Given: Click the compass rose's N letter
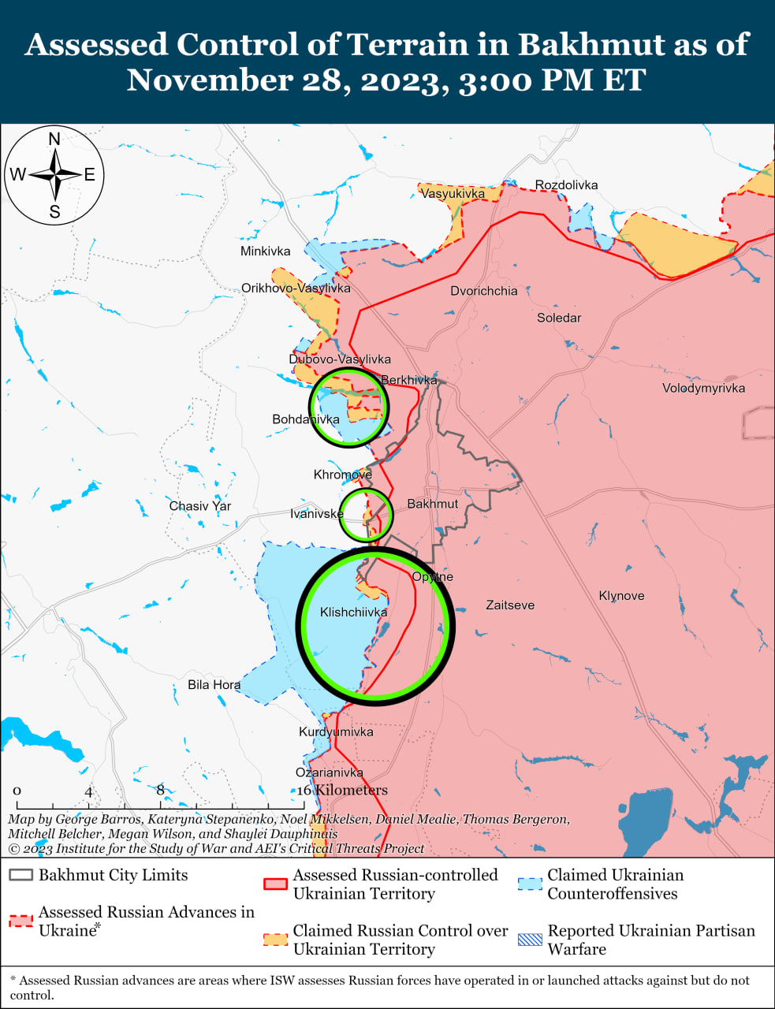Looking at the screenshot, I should click(x=54, y=140).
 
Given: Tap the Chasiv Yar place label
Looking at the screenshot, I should click(x=200, y=506).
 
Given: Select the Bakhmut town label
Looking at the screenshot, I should click(x=432, y=504).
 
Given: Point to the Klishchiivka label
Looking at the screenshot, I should click(x=353, y=612).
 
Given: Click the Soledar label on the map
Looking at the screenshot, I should click(x=559, y=318).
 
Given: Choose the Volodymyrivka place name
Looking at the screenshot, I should click(x=703, y=388).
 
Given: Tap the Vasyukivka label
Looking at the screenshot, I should click(x=453, y=193).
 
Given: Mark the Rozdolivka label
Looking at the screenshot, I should click(x=566, y=185).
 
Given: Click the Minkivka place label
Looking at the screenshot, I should click(x=265, y=251).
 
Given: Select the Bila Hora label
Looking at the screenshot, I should click(x=214, y=684).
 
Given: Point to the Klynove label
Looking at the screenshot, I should click(x=621, y=595).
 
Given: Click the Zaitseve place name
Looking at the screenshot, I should click(x=510, y=605).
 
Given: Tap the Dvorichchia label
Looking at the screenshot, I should click(x=484, y=291).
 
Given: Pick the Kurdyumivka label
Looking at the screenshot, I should click(x=336, y=732).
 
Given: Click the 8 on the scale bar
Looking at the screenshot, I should click(x=160, y=790).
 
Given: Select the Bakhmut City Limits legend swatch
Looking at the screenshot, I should click(x=21, y=875).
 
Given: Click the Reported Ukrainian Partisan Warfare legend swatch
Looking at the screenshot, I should click(x=531, y=940).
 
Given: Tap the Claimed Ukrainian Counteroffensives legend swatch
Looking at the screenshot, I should click(x=531, y=884).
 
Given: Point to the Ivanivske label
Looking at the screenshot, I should click(x=316, y=514).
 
